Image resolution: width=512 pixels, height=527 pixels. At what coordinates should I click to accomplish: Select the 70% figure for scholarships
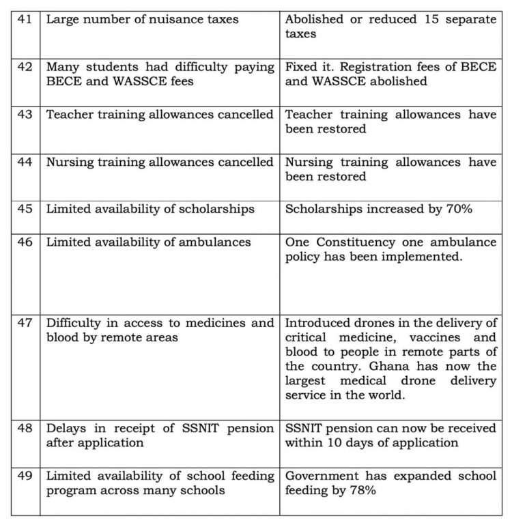pos(456,209)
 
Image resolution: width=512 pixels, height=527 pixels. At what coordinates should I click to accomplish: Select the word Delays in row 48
pos(66,427)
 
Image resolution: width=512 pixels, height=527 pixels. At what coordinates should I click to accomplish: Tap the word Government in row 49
pos(321,475)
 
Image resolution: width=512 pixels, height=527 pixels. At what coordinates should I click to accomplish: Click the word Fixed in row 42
pos(301,67)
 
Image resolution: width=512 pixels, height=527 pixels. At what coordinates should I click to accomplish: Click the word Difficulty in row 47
pos(74,322)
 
